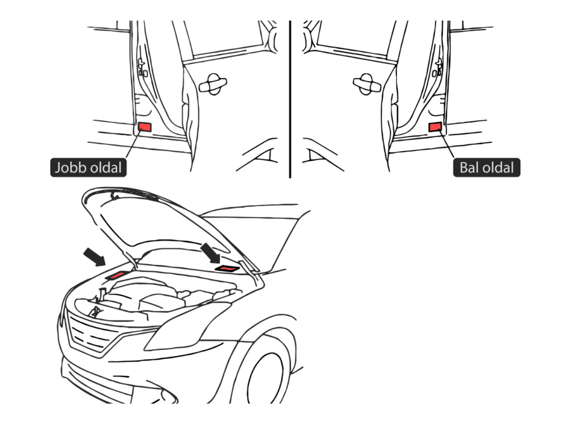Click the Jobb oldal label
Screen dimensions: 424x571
tap(88, 168)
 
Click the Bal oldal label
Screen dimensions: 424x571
tap(486, 168)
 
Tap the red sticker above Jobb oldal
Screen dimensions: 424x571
tap(145, 127)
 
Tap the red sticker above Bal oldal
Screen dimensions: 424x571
tap(435, 127)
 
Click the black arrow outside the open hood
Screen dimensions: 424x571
tap(94, 257)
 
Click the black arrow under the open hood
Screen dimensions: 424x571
tap(211, 252)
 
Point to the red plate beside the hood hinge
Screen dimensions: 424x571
tap(227, 268)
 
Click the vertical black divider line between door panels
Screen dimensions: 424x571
tap(290, 98)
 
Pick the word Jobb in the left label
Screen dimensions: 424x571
tap(70, 168)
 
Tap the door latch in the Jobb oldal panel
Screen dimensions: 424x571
tap(142, 69)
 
